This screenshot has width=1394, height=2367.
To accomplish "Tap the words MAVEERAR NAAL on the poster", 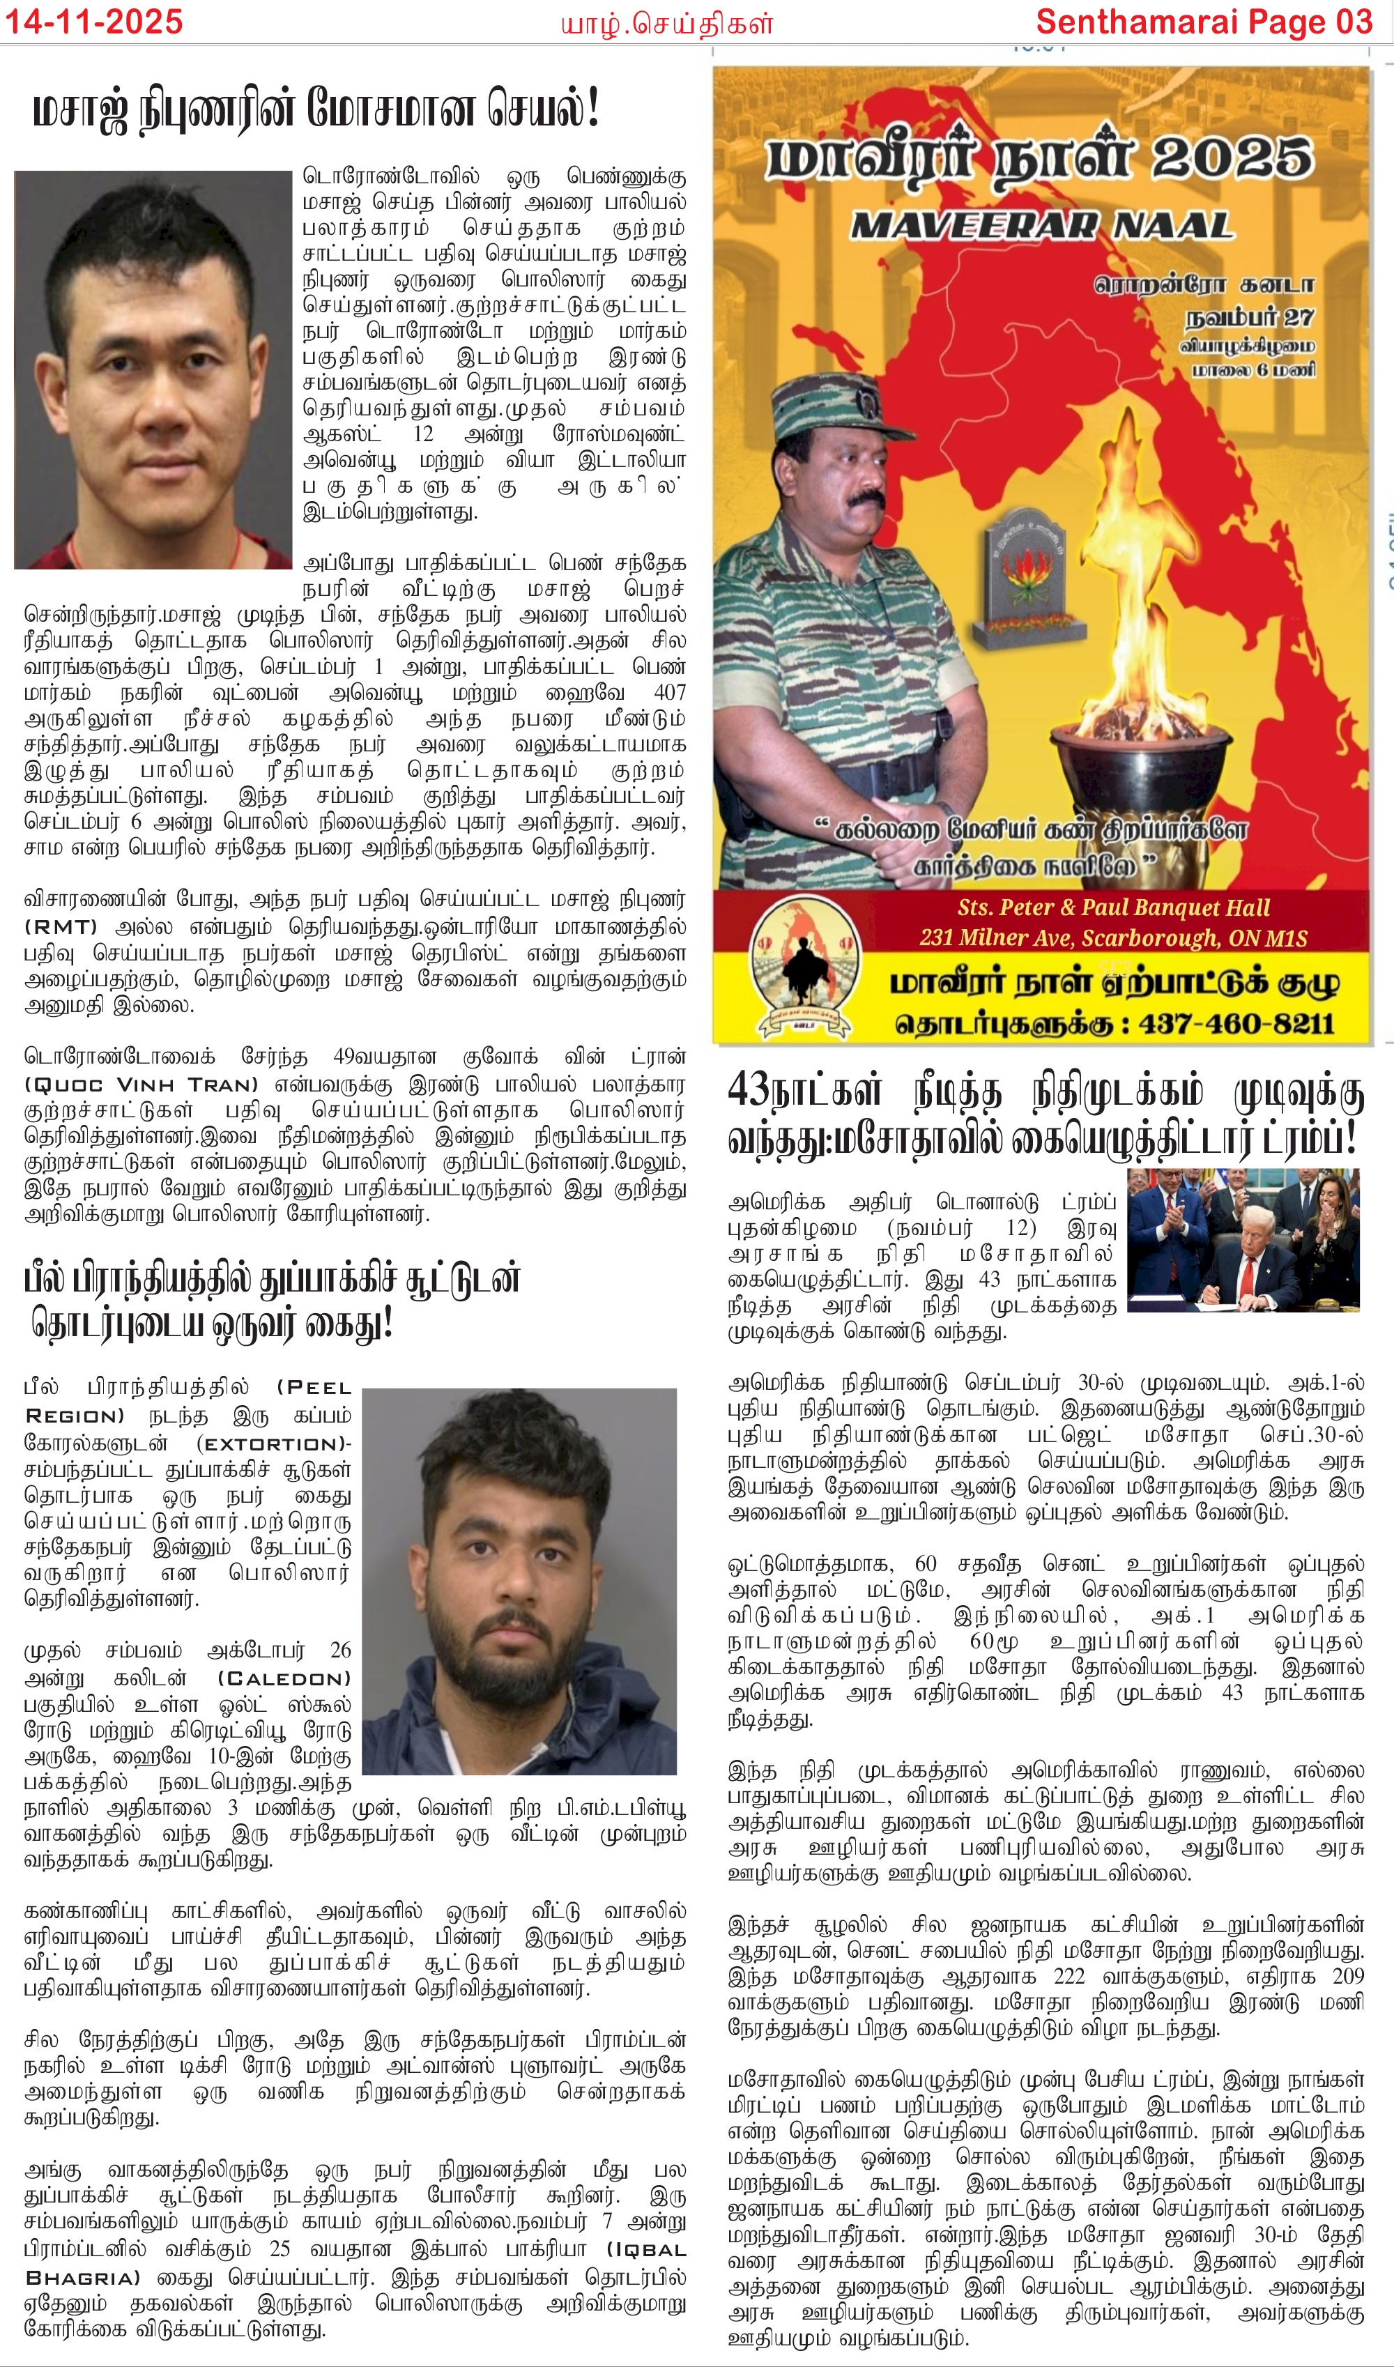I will pyautogui.click(x=1041, y=225).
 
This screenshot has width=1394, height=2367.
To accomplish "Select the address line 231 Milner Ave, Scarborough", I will pyautogui.click(x=1112, y=937).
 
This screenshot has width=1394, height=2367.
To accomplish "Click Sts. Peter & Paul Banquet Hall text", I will pyautogui.click(x=1113, y=907).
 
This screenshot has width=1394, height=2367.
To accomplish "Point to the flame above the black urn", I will pyautogui.click(x=1127, y=601).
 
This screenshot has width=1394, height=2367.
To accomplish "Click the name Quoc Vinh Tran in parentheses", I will pyautogui.click(x=140, y=1084).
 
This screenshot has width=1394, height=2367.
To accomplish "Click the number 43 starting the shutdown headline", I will pyautogui.click(x=749, y=1091).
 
